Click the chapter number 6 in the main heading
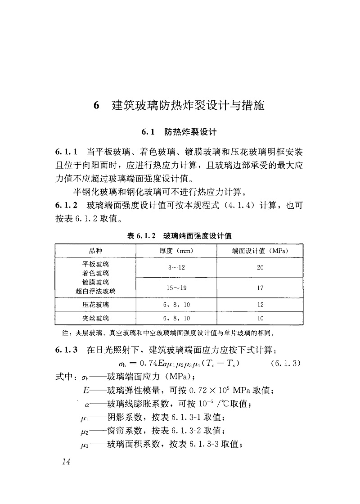(x=96, y=106)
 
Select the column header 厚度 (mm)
(x=176, y=250)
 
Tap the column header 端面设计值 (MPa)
(x=260, y=250)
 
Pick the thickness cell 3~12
(x=176, y=267)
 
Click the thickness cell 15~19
(x=176, y=288)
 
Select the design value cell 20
(x=260, y=267)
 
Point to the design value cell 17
(x=260, y=288)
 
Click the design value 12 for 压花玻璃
(x=260, y=305)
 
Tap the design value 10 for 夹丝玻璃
(x=260, y=319)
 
